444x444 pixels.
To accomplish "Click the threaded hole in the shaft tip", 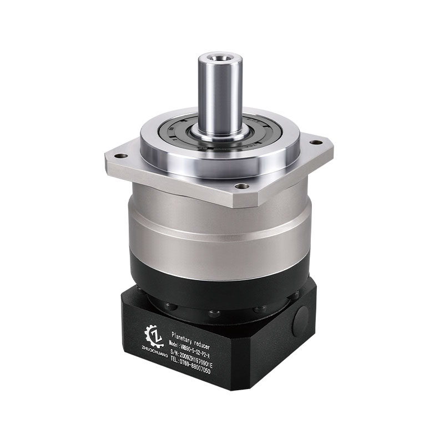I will click(220, 56).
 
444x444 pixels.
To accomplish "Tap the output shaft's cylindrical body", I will click(220, 94).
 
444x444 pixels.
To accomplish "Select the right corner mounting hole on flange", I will click(317, 142).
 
